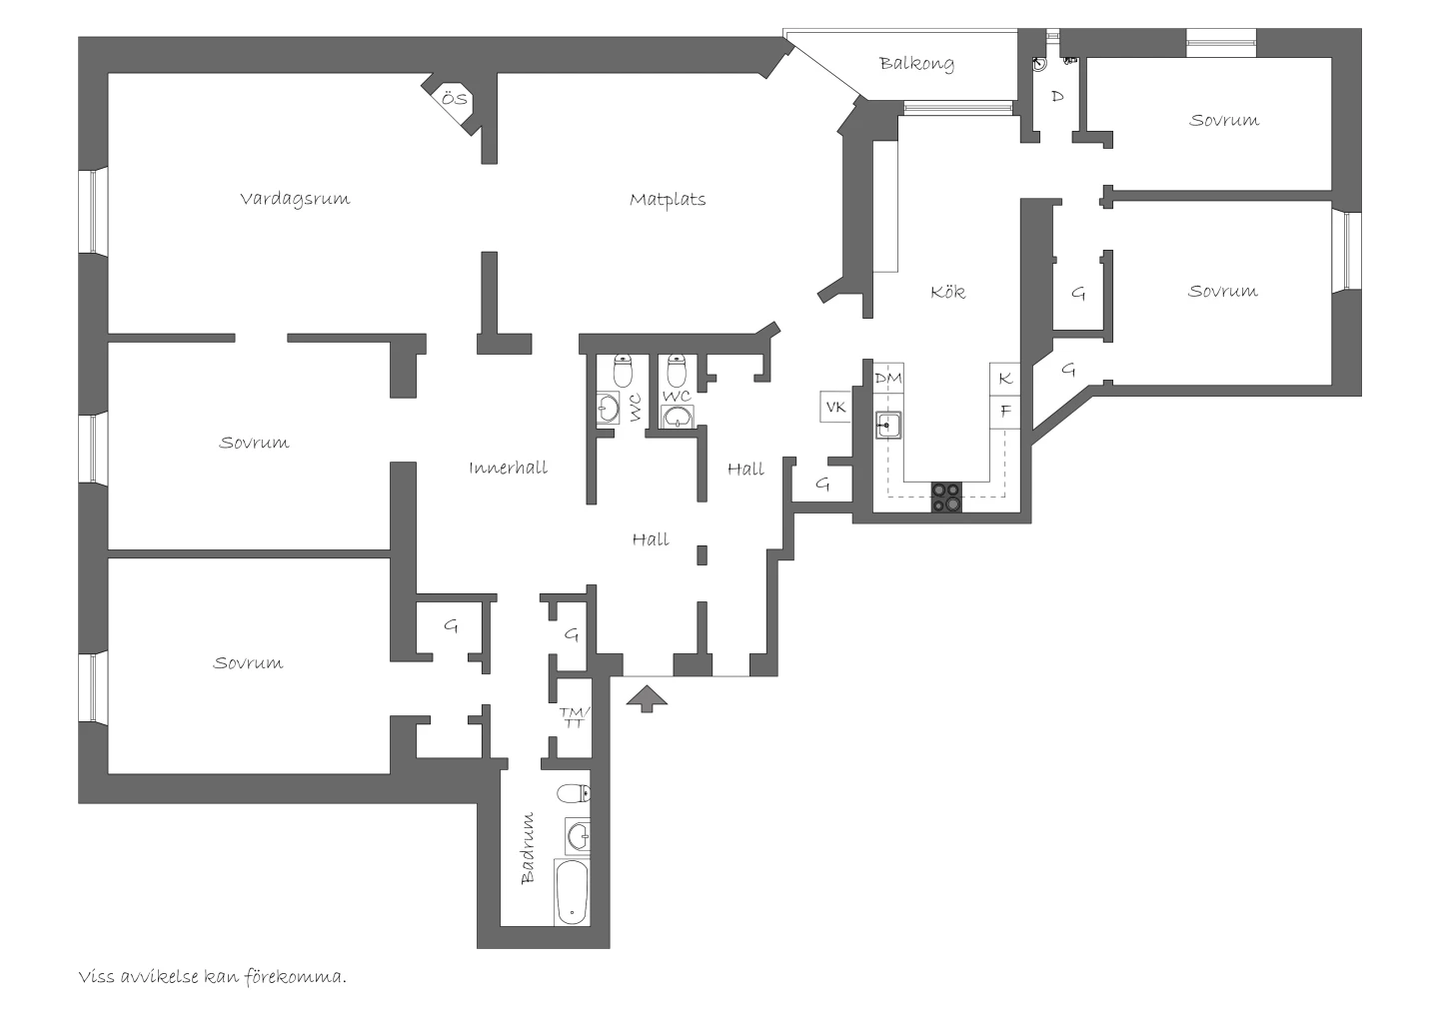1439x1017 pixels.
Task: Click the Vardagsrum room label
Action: pyautogui.click(x=295, y=199)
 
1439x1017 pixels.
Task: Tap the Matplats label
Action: pyautogui.click(x=668, y=200)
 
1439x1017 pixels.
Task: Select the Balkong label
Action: pyautogui.click(x=916, y=64)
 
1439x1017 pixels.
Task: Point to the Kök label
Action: pyautogui.click(x=947, y=292)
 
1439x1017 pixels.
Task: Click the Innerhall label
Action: pyautogui.click(x=508, y=468)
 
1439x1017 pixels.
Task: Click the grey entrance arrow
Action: pyautogui.click(x=647, y=698)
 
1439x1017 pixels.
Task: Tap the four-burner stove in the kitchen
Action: pyautogui.click(x=947, y=497)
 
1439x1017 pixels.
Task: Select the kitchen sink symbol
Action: pyautogui.click(x=888, y=425)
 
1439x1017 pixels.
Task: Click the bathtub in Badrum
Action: pyautogui.click(x=572, y=892)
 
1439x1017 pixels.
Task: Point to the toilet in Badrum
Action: pyautogui.click(x=573, y=793)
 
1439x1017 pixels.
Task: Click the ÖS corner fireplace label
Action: pyautogui.click(x=454, y=99)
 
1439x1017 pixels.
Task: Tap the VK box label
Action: pyautogui.click(x=835, y=407)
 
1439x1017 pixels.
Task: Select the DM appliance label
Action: pyautogui.click(x=888, y=379)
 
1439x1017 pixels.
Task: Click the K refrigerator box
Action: pyautogui.click(x=1004, y=379)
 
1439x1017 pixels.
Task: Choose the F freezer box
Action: pyautogui.click(x=1004, y=412)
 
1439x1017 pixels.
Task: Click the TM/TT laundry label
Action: pyautogui.click(x=574, y=717)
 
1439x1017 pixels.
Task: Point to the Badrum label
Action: pyautogui.click(x=528, y=849)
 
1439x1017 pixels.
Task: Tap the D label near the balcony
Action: pyautogui.click(x=1057, y=96)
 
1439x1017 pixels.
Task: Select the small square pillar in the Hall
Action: pyautogui.click(x=703, y=555)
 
